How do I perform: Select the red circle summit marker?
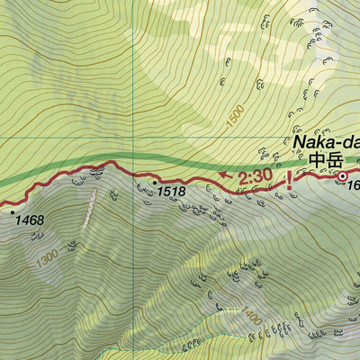[342, 176]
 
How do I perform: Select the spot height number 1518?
[170, 191]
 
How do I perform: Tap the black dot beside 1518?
[155, 181]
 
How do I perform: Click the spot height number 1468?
[30, 219]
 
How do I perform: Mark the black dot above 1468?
[13, 211]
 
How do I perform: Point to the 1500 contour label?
[236, 116]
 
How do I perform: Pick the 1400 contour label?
[251, 316]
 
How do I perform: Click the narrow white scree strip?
[89, 209]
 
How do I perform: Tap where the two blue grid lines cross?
[133, 138]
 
